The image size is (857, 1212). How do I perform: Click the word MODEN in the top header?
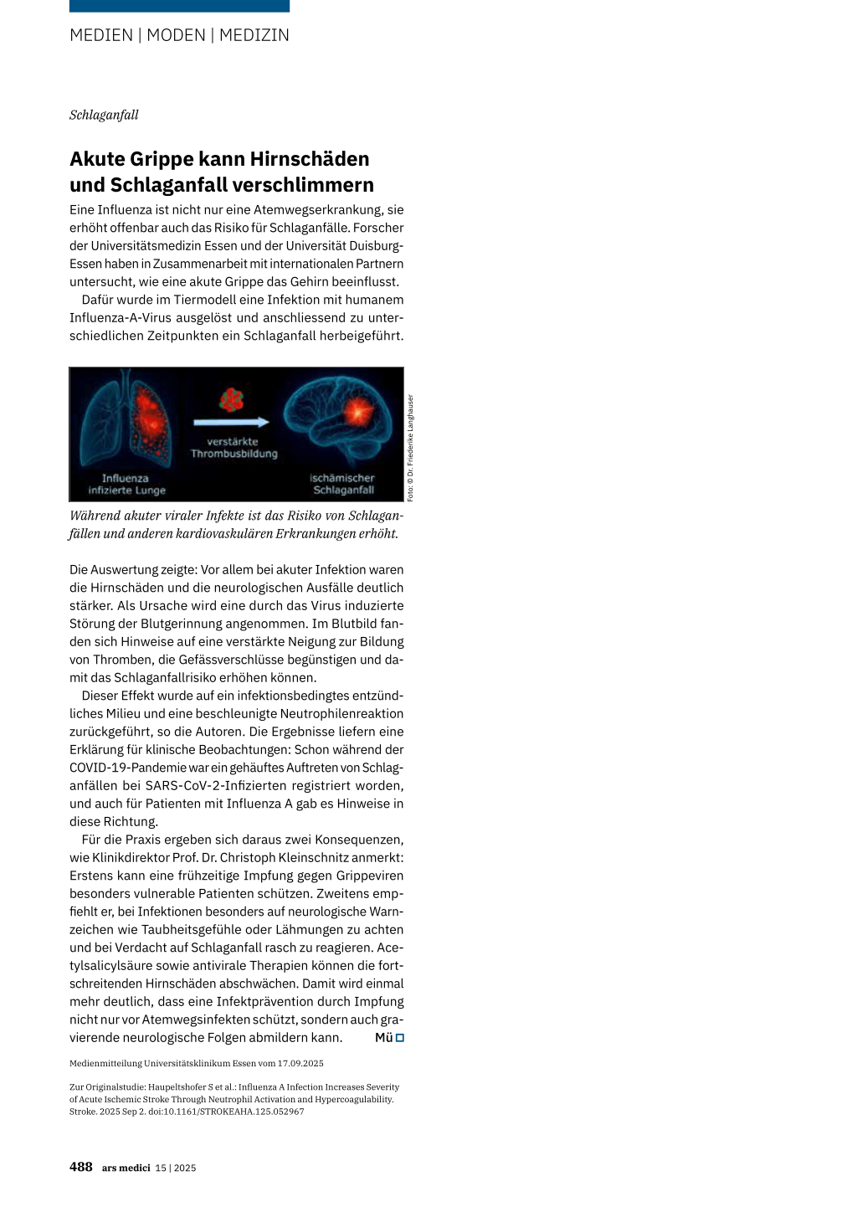coord(176,35)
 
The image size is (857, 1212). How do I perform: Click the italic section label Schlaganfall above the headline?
coord(104,115)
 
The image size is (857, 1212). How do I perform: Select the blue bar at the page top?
coord(179,6)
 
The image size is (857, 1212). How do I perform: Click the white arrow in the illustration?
coord(232,422)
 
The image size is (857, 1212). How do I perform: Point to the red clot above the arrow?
coord(232,400)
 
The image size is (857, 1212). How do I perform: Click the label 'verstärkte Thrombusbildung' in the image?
coord(233,448)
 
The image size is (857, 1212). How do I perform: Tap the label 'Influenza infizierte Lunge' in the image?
coord(126,485)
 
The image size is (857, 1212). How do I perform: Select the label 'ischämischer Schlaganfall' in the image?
coord(342,485)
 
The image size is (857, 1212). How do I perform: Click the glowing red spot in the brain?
coord(358,412)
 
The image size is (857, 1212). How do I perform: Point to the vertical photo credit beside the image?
coord(410,448)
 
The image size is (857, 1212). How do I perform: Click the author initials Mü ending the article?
coord(383,1038)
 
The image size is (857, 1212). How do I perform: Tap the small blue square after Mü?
coord(400,1038)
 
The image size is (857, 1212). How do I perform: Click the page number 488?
coord(81,1167)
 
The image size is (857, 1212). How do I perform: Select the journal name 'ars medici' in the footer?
coord(126,1168)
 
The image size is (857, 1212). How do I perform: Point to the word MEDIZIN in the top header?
coord(254,35)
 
